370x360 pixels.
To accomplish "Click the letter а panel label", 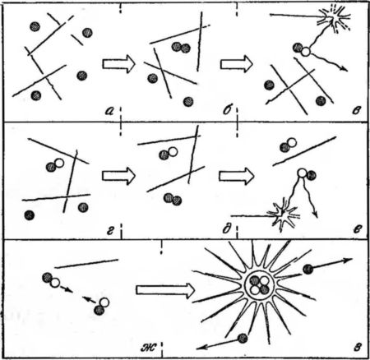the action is [x=109, y=111].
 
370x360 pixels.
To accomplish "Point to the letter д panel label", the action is [x=227, y=229].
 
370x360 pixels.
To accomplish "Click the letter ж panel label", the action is [x=149, y=348].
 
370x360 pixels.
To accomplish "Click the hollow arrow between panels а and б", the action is [x=119, y=64].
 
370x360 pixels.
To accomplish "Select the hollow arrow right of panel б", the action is [x=236, y=64].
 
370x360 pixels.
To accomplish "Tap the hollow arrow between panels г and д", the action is [x=119, y=176].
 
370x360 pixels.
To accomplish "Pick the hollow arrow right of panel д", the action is [x=236, y=176].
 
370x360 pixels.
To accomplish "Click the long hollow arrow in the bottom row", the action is [x=165, y=290].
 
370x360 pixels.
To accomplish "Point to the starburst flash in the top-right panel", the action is [x=336, y=18].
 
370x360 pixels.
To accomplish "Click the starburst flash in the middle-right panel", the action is [x=282, y=215].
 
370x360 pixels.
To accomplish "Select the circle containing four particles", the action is [x=259, y=285].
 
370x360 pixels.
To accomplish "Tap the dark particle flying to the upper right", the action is [x=308, y=270].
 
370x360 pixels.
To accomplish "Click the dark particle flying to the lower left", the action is [x=243, y=339].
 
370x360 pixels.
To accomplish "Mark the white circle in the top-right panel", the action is [x=305, y=51].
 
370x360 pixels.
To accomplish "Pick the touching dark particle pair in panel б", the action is [x=181, y=48].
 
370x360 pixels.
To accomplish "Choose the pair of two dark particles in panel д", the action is [x=173, y=199].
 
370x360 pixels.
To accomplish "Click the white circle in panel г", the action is [x=59, y=163].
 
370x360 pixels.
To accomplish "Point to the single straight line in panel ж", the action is [x=86, y=264].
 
